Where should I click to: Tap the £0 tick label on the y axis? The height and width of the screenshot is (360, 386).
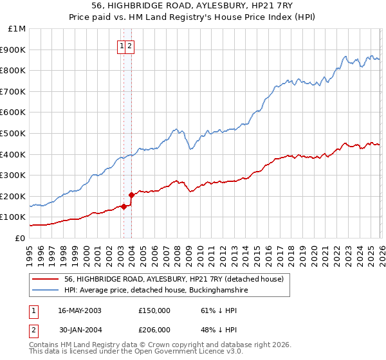tap(20, 238)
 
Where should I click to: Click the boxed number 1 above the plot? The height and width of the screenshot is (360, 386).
tap(121, 46)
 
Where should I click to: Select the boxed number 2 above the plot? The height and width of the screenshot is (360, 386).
tap(129, 46)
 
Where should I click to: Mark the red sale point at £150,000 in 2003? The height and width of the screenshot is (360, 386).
tap(124, 206)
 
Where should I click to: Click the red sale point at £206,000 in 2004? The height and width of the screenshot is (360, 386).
tap(132, 195)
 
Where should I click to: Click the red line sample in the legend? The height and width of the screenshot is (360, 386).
tap(44, 279)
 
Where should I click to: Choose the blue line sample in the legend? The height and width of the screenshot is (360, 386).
tap(44, 291)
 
